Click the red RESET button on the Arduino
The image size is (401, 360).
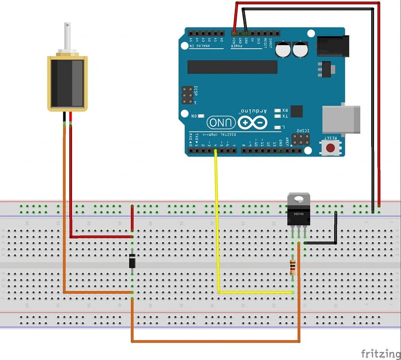pyautogui.click(x=330, y=147)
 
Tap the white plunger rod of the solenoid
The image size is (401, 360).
pyautogui.click(x=67, y=36)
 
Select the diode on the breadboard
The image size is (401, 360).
pyautogui.click(x=133, y=262)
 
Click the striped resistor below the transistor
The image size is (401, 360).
pyautogui.click(x=292, y=267)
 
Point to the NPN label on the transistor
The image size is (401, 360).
pyautogui.click(x=298, y=215)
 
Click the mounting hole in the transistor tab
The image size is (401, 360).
pyautogui.click(x=298, y=198)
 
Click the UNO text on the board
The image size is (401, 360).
pyautogui.click(x=221, y=123)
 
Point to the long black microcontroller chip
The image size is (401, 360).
pyautogui.click(x=232, y=67)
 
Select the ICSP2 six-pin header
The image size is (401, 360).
pyautogui.click(x=301, y=139)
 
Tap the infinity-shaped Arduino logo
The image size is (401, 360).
pyautogui.click(x=252, y=122)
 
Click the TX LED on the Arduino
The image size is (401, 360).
pyautogui.click(x=278, y=116)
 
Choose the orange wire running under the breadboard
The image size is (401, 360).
pyautogui.click(x=216, y=342)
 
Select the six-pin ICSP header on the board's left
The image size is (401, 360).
pyautogui.click(x=188, y=95)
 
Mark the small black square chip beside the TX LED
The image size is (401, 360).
pyautogui.click(x=296, y=111)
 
